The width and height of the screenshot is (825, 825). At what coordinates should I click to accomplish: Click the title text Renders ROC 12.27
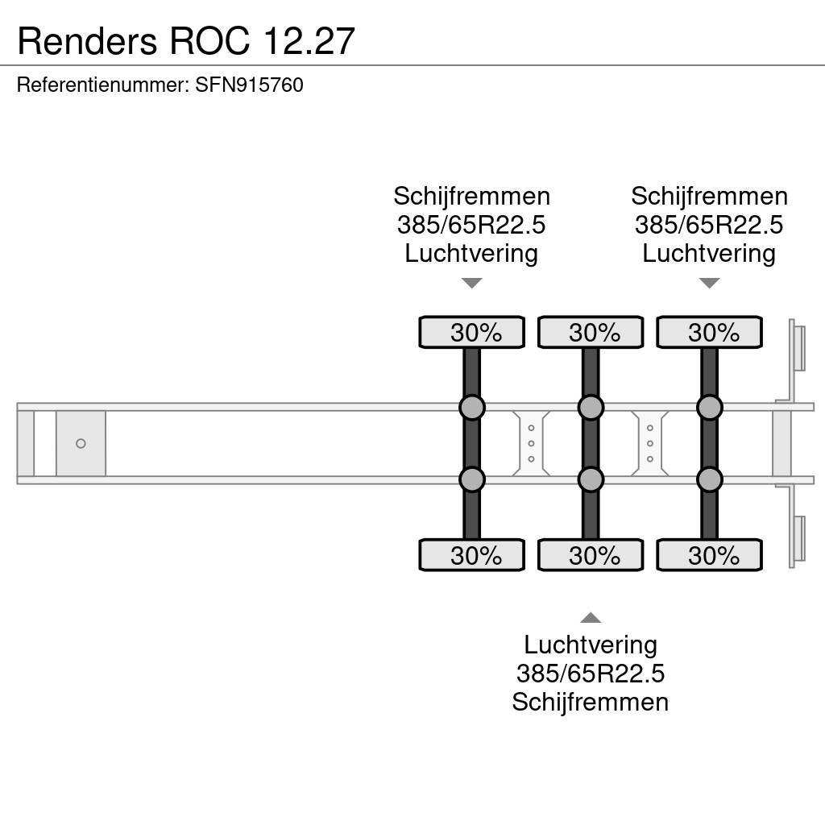click(x=186, y=40)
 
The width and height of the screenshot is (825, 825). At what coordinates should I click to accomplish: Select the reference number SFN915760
click(x=249, y=85)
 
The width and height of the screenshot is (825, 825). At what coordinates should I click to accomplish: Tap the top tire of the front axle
click(x=471, y=333)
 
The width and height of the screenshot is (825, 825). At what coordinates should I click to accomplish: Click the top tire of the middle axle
click(x=591, y=333)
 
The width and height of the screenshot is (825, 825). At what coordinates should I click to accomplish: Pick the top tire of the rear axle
click(x=709, y=333)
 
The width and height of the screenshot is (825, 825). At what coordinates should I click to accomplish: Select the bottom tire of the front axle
click(x=471, y=555)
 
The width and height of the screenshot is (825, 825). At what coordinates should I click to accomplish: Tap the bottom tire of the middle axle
click(x=591, y=555)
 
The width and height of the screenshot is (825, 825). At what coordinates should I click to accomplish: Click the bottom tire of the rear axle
click(x=709, y=555)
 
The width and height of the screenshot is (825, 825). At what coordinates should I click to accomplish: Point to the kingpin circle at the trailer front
click(x=81, y=444)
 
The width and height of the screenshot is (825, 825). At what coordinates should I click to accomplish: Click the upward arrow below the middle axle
click(x=591, y=618)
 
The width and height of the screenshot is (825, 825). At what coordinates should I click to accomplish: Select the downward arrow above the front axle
click(x=471, y=283)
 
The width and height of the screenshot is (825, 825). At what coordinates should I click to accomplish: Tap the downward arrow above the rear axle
click(x=709, y=283)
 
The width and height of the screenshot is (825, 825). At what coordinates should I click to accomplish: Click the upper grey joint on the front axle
click(x=472, y=408)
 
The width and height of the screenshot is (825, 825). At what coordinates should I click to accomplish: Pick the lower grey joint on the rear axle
click(x=709, y=480)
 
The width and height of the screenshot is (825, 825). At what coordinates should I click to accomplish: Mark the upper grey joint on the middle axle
click(x=591, y=408)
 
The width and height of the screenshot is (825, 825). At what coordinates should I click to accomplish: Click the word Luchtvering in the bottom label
click(x=591, y=645)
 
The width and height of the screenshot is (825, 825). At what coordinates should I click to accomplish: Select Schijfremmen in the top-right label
click(x=709, y=196)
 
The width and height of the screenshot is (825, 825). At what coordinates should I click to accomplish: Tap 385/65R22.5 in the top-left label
click(x=471, y=225)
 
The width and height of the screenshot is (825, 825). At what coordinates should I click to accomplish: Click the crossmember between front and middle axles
click(x=531, y=443)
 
